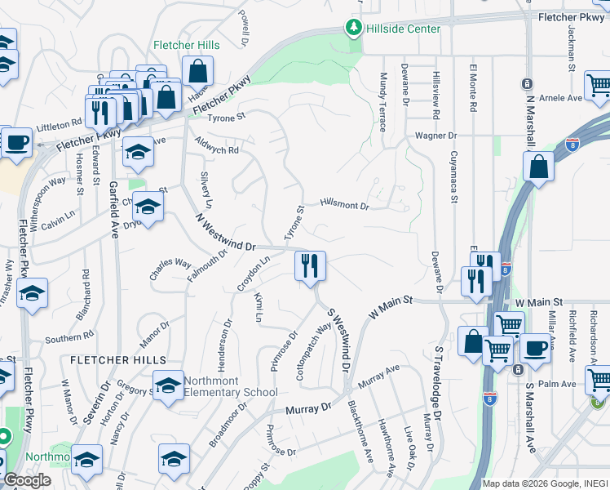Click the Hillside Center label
coord(403,29)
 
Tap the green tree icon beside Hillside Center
coord(353,29)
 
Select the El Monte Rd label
coord(472,85)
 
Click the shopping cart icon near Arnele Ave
coord(599,84)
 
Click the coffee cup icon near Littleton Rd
coord(15,142)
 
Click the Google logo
coord(26,479)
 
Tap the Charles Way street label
coord(170,269)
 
